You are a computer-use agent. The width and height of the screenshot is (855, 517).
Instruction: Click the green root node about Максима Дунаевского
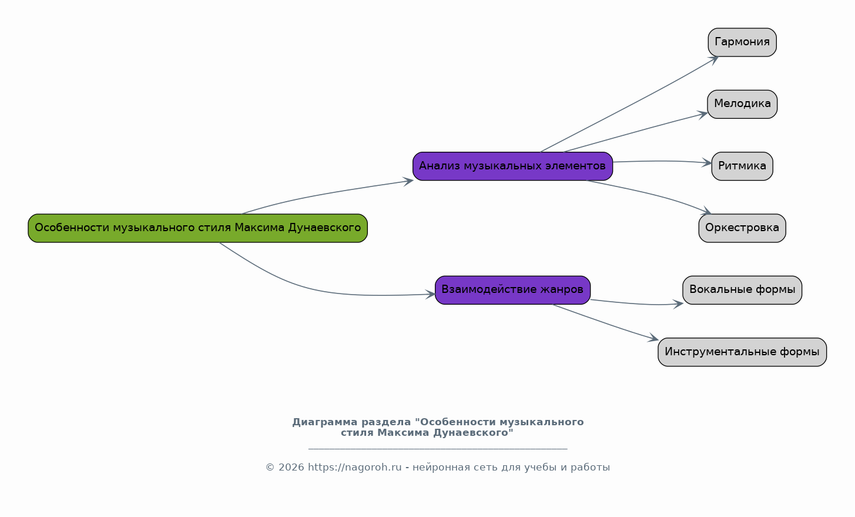point(197,228)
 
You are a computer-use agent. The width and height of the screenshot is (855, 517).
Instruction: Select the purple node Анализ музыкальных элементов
point(512,166)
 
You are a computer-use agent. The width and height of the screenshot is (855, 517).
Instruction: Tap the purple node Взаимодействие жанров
point(512,290)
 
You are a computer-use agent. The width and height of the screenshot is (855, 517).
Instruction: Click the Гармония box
point(742,42)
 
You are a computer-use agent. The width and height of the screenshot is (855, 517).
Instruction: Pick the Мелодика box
point(742,104)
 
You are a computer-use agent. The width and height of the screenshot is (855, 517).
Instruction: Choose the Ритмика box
point(742,166)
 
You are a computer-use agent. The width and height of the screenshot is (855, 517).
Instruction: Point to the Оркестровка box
point(742,228)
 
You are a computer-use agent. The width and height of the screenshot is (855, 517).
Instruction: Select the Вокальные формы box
point(742,290)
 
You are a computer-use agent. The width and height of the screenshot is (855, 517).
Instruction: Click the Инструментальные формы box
point(742,352)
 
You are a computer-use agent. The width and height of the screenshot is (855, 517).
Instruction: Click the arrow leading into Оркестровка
point(652,194)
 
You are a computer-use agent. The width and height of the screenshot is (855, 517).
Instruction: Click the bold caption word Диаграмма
point(325,422)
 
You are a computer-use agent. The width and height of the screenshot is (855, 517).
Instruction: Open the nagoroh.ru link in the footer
point(354,468)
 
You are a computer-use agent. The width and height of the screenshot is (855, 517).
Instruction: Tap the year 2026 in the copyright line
point(291,468)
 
